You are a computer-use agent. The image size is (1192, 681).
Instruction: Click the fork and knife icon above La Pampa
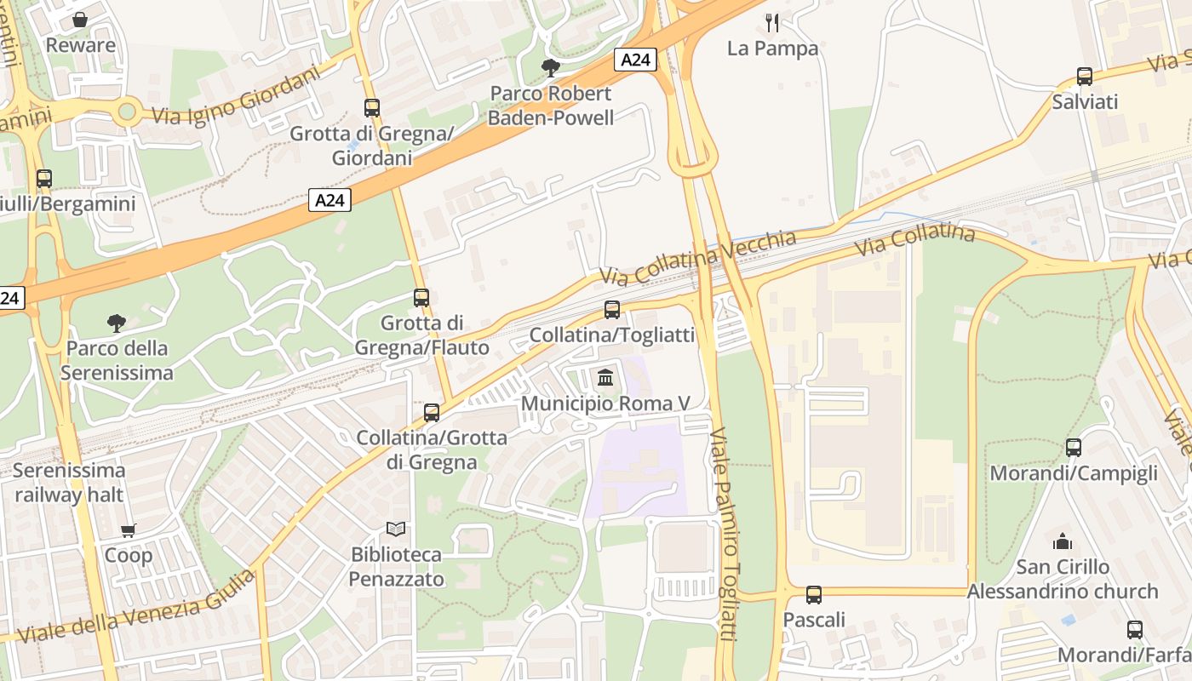[x=772, y=22]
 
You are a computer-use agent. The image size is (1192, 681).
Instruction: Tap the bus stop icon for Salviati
[x=1085, y=77]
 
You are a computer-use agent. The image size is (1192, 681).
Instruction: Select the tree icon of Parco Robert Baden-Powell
[x=551, y=67]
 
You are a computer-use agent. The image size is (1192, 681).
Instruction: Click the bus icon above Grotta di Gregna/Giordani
[x=372, y=108]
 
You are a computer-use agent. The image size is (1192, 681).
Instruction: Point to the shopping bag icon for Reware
[x=80, y=19]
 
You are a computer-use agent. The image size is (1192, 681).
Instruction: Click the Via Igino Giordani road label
[x=237, y=95]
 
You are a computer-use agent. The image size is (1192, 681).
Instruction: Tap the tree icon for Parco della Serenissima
[x=117, y=323]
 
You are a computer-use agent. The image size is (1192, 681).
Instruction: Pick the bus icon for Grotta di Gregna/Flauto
[x=421, y=298]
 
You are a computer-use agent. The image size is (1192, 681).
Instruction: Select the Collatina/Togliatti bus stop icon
[x=612, y=310]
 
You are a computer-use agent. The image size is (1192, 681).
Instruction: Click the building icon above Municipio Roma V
[x=605, y=377]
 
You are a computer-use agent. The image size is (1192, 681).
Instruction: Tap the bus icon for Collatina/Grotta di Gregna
[x=432, y=413]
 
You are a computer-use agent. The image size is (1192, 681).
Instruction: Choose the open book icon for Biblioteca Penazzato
[x=396, y=529]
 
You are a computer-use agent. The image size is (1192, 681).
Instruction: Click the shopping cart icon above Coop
[x=129, y=530]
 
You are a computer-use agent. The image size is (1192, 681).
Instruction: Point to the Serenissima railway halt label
[x=69, y=482]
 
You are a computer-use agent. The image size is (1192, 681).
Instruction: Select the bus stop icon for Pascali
[x=814, y=594]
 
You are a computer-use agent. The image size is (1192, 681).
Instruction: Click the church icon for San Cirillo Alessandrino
[x=1063, y=541]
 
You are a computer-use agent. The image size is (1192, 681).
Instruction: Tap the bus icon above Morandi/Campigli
[x=1074, y=448]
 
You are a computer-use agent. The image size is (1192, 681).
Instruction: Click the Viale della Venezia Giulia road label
[x=136, y=607]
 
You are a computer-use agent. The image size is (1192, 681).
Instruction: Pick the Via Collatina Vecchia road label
[x=698, y=257]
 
